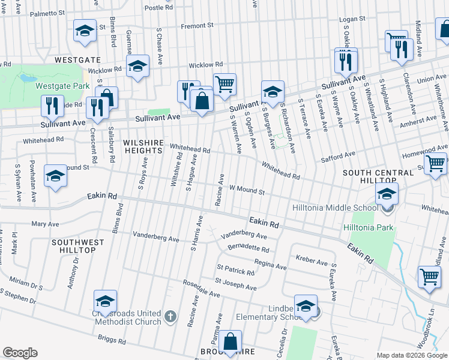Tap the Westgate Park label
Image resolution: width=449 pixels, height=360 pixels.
[62, 86]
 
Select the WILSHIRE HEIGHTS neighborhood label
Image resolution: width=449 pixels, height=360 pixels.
[143, 147]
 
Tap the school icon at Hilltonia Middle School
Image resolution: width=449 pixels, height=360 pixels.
[387, 194]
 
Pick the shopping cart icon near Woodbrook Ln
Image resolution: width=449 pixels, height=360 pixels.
[429, 277]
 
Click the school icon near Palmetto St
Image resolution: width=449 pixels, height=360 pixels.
[85, 30]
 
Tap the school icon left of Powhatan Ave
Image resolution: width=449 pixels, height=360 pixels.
[55, 176]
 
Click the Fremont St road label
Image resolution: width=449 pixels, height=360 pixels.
[197, 26]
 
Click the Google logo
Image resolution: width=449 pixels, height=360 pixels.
[20, 353]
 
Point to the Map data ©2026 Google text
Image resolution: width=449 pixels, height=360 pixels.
[411, 355]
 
